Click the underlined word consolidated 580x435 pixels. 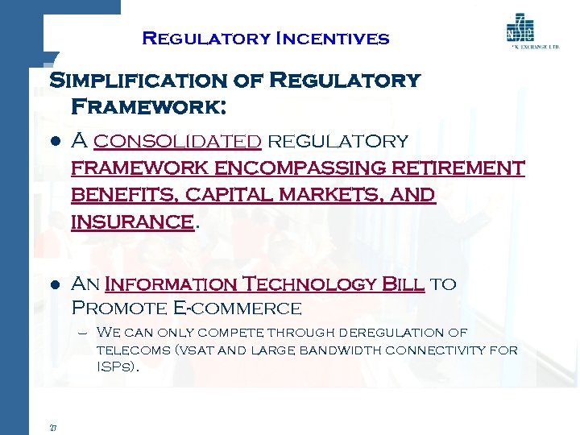(x=177, y=142)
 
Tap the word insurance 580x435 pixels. (x=132, y=222)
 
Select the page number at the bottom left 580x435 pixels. (x=52, y=428)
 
